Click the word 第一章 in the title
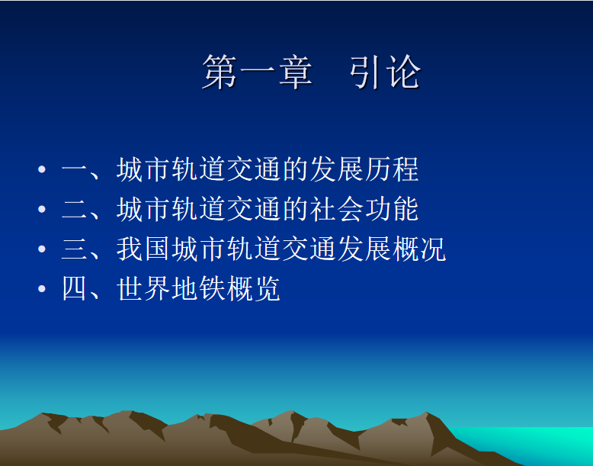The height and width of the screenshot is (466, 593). [x=258, y=72]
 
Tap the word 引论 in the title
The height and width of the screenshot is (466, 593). [x=385, y=72]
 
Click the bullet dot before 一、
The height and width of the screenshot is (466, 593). [x=42, y=169]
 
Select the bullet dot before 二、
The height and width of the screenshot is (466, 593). [x=42, y=209]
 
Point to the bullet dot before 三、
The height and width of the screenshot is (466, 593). [x=42, y=249]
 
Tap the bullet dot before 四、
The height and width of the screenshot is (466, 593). [x=42, y=288]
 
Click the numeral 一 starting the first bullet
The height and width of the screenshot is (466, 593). [x=75, y=169]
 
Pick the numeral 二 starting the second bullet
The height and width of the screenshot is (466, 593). [x=75, y=209]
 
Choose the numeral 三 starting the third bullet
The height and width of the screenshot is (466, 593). [x=75, y=249]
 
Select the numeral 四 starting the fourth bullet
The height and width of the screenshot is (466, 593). [x=75, y=288]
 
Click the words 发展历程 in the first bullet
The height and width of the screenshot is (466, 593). [x=364, y=169]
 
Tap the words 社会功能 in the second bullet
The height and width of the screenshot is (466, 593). [x=364, y=209]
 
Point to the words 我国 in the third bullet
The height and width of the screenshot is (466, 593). [x=143, y=249]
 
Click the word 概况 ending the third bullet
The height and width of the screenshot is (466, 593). [x=419, y=249]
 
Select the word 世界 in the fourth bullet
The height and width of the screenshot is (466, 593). [x=143, y=288]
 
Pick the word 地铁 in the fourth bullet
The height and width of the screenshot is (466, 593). [x=197, y=288]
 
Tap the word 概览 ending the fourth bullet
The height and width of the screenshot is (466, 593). [x=253, y=288]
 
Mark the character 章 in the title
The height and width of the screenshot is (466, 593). [x=296, y=72]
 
